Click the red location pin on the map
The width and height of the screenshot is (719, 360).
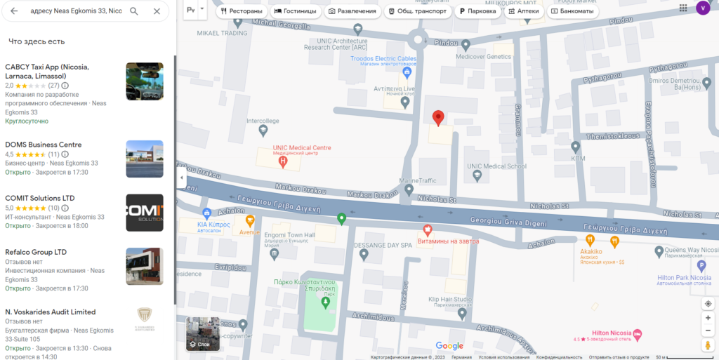click(x=439, y=118)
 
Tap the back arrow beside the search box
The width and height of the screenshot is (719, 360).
click(x=14, y=11)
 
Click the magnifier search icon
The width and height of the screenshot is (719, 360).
click(x=134, y=11)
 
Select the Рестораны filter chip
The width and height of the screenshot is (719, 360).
click(x=241, y=11)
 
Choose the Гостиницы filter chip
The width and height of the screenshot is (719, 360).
click(x=295, y=11)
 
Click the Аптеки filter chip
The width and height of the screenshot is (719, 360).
click(x=522, y=11)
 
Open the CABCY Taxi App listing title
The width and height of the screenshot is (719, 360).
click(x=47, y=71)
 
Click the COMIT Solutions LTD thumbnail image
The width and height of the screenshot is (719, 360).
click(x=145, y=213)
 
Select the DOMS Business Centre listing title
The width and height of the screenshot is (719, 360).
click(x=44, y=145)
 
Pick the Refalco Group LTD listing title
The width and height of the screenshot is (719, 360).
click(x=36, y=252)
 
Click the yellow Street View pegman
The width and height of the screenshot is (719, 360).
click(x=708, y=345)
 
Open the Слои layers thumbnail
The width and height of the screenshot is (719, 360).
click(x=203, y=333)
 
